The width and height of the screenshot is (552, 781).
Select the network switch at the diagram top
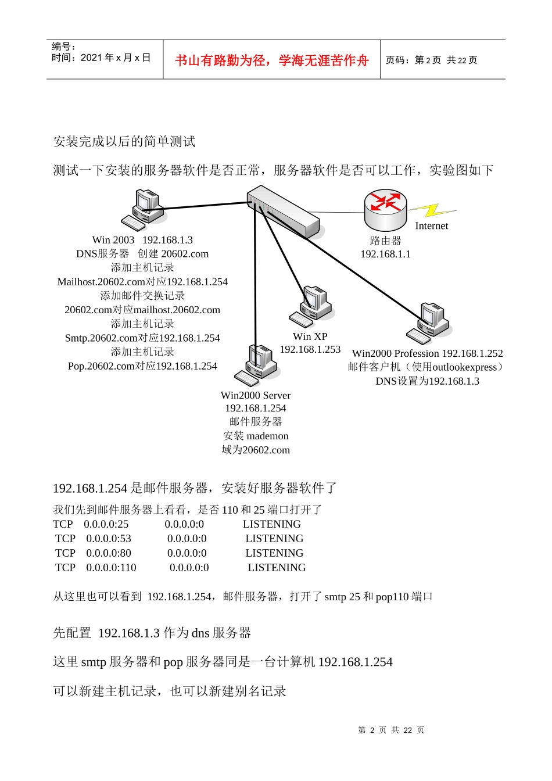[283, 211]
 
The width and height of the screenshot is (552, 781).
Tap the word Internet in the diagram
[431, 226]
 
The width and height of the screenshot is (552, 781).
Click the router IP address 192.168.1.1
[385, 254]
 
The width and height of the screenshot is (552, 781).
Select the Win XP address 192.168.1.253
[310, 349]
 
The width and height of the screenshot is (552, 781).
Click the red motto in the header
[271, 60]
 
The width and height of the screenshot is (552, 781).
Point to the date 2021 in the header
[91, 58]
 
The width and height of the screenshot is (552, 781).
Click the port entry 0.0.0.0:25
[106, 524]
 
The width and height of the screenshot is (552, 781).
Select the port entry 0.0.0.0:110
[111, 568]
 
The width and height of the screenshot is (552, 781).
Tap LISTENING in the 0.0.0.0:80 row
[274, 553]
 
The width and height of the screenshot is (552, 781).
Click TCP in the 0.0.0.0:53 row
[65, 539]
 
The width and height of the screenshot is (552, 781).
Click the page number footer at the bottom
[391, 730]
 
